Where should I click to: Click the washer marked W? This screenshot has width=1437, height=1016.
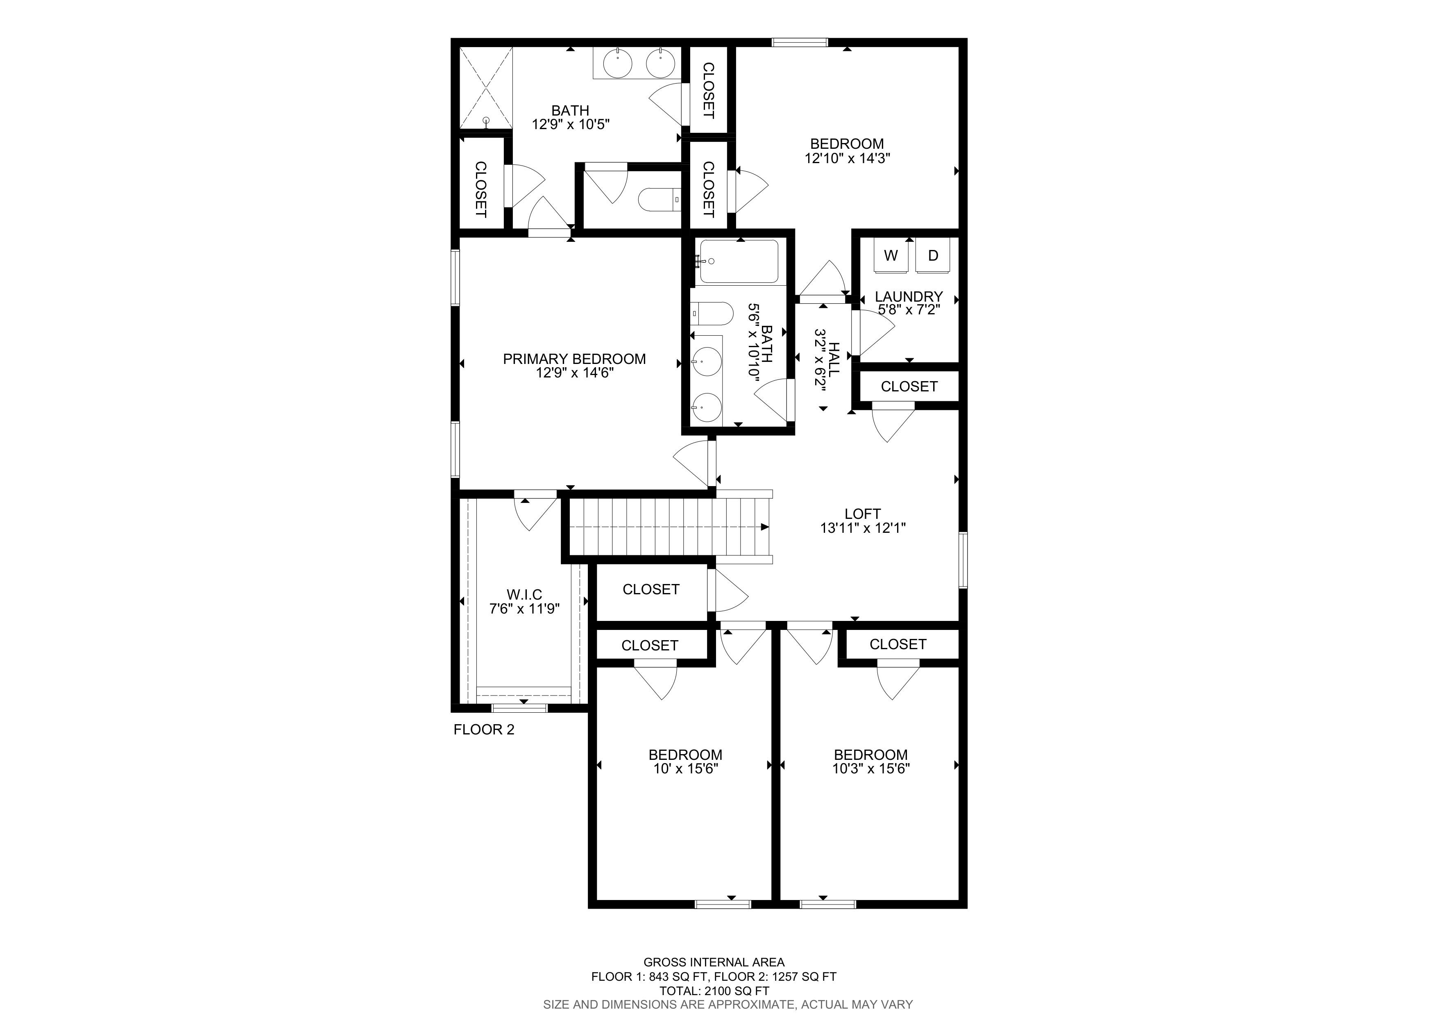(891, 255)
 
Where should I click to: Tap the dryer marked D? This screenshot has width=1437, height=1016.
(933, 255)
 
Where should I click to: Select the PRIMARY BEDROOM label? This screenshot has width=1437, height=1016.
(574, 359)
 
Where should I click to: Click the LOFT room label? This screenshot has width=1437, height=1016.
(862, 513)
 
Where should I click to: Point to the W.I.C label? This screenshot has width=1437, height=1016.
(524, 594)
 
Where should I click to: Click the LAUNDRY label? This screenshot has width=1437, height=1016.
(909, 296)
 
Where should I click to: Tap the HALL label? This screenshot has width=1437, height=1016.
(834, 359)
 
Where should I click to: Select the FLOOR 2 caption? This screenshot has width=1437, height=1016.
(484, 729)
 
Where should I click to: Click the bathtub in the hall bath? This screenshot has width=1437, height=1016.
(739, 261)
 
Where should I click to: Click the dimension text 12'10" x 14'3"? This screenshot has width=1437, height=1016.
(848, 158)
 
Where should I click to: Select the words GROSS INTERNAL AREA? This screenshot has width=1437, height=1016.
(714, 962)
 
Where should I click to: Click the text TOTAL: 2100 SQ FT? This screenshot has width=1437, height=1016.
(714, 991)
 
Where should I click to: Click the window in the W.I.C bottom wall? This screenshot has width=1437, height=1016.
(519, 709)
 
